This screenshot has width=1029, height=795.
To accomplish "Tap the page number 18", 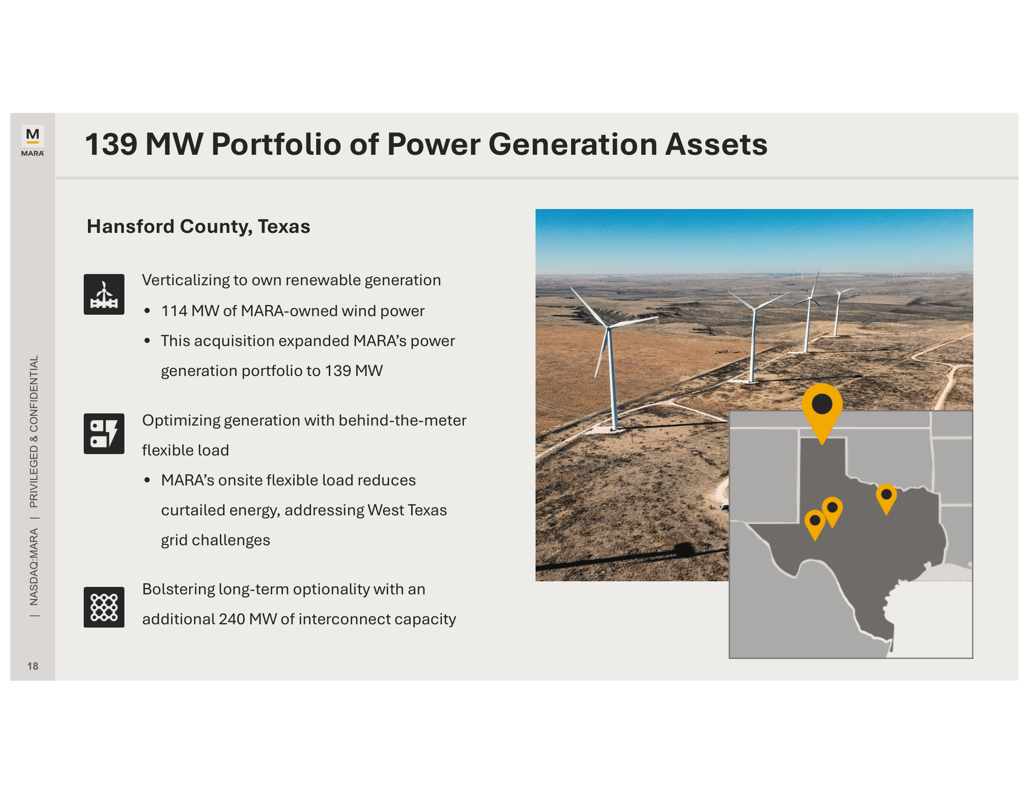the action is coord(33,666).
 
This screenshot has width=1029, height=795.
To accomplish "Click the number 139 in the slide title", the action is coord(111,144).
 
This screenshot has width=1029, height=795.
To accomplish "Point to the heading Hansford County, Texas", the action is coord(198,226).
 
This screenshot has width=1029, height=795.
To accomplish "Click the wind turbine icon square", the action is coord(104,294).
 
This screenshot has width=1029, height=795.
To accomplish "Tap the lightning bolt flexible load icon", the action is coord(104,434).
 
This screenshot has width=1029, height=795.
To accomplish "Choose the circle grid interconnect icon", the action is coord(104,607).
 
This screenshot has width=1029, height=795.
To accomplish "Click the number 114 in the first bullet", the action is coord(174,311).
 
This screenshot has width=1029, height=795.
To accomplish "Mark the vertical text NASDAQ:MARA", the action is coord(34,567).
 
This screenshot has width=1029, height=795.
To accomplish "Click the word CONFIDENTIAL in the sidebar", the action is coord(34,394).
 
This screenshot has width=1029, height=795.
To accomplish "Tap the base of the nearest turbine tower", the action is coord(614,428).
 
